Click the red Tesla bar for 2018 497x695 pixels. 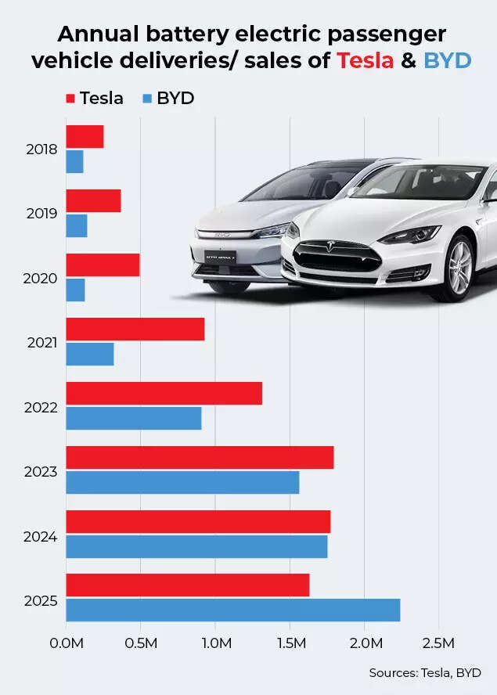click(x=85, y=137)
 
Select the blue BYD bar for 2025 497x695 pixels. click(x=232, y=610)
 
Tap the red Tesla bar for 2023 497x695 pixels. click(x=200, y=457)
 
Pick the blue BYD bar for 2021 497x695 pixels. click(x=89, y=355)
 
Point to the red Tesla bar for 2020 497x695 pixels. click(x=103, y=265)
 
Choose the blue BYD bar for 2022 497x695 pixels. click(x=133, y=418)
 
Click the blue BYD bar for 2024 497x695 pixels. click(x=196, y=546)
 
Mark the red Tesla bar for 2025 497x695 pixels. click(x=187, y=585)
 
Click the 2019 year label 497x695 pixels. click(x=42, y=213)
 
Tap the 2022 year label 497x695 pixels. click(x=42, y=407)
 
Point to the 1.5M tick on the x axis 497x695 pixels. click(x=290, y=643)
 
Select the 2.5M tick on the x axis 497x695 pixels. click(x=438, y=643)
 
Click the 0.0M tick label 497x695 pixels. click(x=66, y=643)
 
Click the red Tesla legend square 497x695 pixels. click(x=70, y=99)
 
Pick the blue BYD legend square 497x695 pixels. click(x=146, y=99)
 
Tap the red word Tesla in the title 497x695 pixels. click(x=365, y=59)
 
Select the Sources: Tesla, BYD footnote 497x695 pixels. click(x=425, y=672)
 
